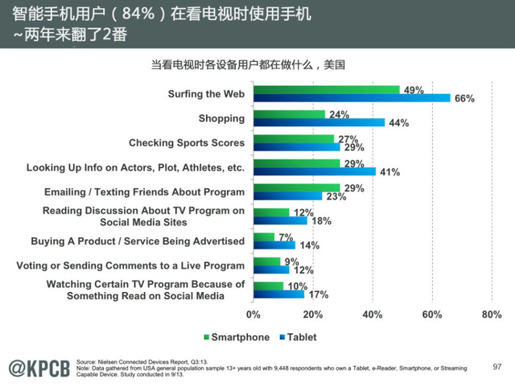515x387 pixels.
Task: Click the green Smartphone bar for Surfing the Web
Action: pos(326,89)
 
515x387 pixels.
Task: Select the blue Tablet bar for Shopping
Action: pos(319,123)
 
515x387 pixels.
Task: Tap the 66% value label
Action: pos(464,99)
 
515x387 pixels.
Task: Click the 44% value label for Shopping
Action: pos(398,123)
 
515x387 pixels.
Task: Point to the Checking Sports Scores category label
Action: pos(187,142)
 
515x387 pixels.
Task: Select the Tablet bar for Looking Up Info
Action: pos(314,172)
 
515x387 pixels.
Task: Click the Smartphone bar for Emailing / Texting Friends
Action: pos(296,187)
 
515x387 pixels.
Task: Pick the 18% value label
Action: pos(320,221)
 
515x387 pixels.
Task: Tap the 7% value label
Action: pos(285,237)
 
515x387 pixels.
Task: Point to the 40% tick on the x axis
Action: pos(373,315)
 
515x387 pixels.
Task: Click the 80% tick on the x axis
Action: pos(491,315)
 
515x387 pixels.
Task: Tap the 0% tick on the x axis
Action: pos(253,315)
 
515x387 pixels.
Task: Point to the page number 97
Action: pos(496,366)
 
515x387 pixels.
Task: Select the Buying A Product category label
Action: pos(138,241)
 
